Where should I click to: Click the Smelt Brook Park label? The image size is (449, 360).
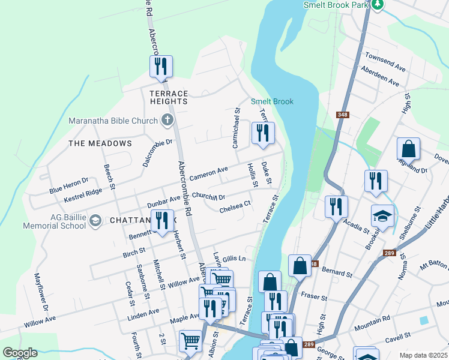[x=335, y=4]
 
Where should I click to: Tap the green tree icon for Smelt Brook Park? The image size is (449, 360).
[x=377, y=5]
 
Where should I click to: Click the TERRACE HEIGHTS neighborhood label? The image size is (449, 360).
[x=169, y=97]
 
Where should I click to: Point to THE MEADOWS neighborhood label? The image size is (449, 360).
[x=100, y=143]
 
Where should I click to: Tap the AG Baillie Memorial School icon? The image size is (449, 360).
[x=95, y=221]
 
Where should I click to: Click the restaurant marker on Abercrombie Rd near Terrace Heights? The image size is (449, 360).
[x=161, y=67]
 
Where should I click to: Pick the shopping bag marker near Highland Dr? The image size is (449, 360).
[x=408, y=149]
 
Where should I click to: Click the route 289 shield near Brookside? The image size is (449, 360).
[x=388, y=253]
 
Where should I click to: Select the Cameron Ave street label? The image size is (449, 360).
[x=209, y=174]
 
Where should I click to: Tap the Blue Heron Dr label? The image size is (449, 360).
[x=68, y=185]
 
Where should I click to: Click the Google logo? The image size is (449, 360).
[x=20, y=353]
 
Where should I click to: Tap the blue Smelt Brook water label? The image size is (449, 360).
[x=272, y=101]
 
